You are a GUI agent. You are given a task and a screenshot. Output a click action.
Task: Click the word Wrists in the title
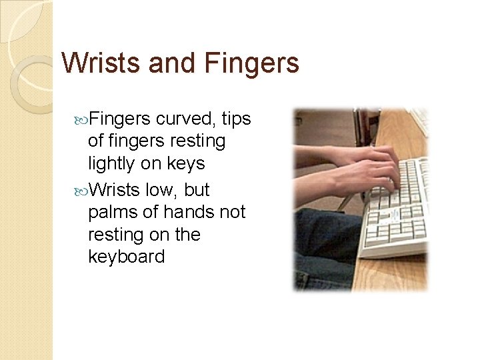[x=100, y=63]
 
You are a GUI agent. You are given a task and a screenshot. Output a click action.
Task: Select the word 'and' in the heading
[x=173, y=63]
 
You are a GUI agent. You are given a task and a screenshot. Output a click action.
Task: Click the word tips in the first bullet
[x=236, y=119]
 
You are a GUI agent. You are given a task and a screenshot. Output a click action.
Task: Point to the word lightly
[x=118, y=164]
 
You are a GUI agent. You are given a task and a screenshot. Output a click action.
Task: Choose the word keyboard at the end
[x=126, y=257]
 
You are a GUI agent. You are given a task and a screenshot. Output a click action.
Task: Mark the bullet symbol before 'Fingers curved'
[x=82, y=120]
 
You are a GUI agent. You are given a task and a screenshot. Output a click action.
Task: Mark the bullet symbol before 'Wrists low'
[x=82, y=191]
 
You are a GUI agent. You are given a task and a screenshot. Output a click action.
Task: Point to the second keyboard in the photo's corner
[x=420, y=120]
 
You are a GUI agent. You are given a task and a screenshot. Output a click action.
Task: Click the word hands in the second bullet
[x=185, y=213]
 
